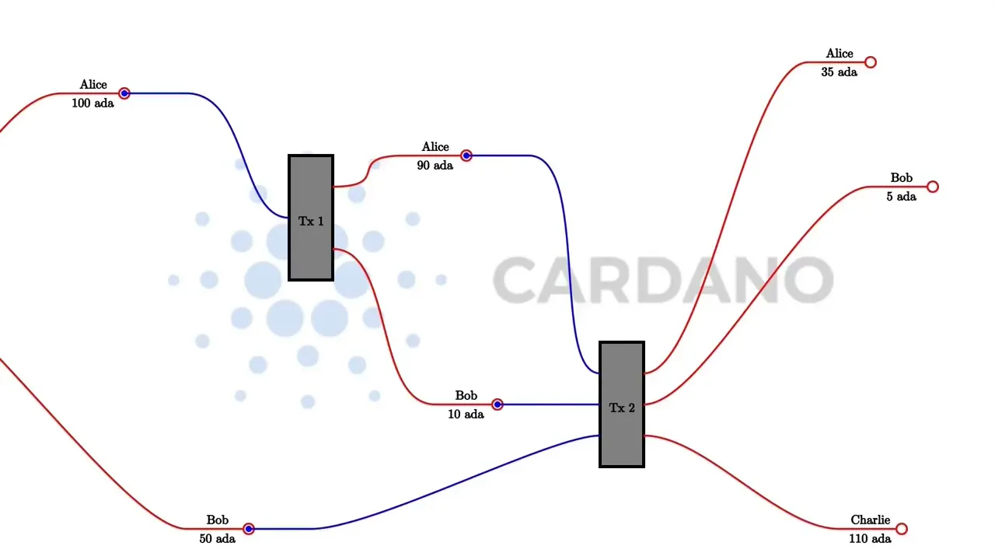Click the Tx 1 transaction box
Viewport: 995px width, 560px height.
pyautogui.click(x=311, y=218)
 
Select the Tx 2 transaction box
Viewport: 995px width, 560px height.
pyautogui.click(x=622, y=404)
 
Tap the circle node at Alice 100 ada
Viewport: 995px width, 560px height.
pyautogui.click(x=124, y=93)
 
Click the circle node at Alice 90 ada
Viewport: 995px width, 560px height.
pyautogui.click(x=466, y=156)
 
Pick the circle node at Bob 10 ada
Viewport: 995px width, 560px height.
pyautogui.click(x=497, y=404)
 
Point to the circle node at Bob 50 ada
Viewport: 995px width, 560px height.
pyautogui.click(x=249, y=529)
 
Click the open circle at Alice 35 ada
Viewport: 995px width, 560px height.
pyautogui.click(x=871, y=62)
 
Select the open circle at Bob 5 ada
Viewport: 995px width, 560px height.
pyautogui.click(x=933, y=187)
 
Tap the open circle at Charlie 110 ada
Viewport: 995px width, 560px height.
pyautogui.click(x=902, y=529)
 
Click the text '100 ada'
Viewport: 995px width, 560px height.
pyautogui.click(x=93, y=103)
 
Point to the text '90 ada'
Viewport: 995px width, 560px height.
pyautogui.click(x=435, y=166)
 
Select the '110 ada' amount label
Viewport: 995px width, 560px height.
pyautogui.click(x=870, y=539)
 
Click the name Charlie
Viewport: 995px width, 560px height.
pyautogui.click(x=870, y=520)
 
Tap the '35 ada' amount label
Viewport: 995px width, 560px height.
pyautogui.click(x=839, y=72)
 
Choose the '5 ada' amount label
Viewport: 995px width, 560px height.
pyautogui.click(x=901, y=197)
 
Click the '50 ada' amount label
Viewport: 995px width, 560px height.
pyautogui.click(x=217, y=539)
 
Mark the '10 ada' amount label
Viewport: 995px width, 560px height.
pyautogui.click(x=466, y=415)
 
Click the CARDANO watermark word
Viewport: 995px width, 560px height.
pyautogui.click(x=663, y=280)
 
